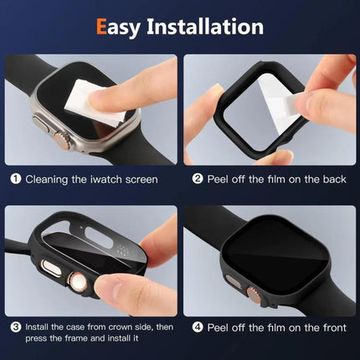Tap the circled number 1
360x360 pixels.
pyautogui.click(x=14, y=178)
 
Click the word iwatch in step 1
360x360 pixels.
pyautogui.click(x=111, y=178)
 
